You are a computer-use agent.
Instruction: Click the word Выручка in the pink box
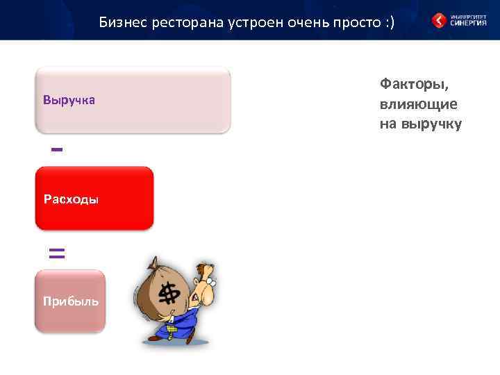coord(69,101)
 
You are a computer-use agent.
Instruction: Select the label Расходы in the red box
coord(71,200)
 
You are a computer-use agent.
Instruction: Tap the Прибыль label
coord(70,301)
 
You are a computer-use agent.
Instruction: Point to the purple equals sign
coord(57,253)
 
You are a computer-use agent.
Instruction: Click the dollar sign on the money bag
coord(168,294)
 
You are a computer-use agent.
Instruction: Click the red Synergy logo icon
coord(439,20)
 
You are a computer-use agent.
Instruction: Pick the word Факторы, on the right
coord(414,84)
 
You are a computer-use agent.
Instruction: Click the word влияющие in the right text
coord(418,104)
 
